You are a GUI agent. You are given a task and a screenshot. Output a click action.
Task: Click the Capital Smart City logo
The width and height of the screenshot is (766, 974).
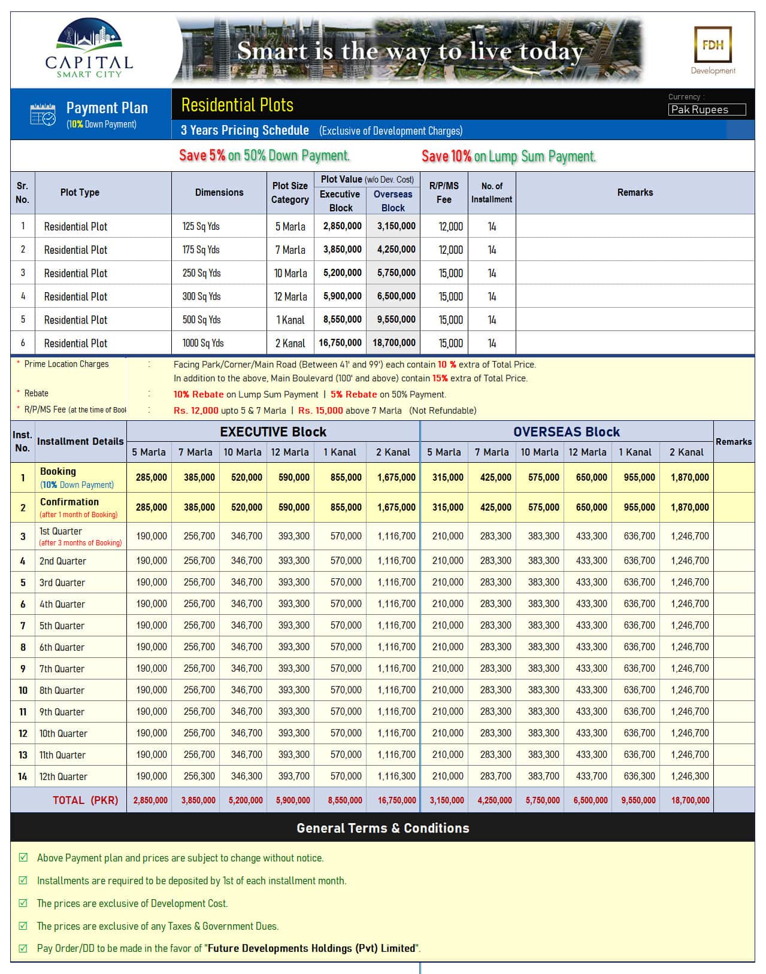click(x=89, y=50)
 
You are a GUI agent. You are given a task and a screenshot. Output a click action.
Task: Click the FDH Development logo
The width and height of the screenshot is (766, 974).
click(x=713, y=50)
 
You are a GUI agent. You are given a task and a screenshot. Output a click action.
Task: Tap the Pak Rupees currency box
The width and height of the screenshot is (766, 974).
click(x=707, y=110)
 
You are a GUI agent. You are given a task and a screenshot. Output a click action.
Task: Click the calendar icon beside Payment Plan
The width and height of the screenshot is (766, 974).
click(x=43, y=114)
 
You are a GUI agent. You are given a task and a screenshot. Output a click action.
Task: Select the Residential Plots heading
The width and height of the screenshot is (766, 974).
click(x=237, y=105)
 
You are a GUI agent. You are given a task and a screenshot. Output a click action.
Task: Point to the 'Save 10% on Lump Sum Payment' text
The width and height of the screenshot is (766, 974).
click(x=508, y=156)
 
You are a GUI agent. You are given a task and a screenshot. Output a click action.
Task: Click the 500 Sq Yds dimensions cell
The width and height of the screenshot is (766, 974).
click(x=202, y=320)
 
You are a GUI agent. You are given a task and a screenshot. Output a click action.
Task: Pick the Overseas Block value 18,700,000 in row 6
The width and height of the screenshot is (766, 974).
click(x=393, y=343)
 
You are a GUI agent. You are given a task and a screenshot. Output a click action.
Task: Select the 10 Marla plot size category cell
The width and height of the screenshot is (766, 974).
click(x=290, y=273)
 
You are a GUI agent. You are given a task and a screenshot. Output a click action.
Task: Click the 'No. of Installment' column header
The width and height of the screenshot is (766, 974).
click(x=491, y=193)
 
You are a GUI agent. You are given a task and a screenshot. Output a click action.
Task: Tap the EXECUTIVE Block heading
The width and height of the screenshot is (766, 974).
click(x=273, y=432)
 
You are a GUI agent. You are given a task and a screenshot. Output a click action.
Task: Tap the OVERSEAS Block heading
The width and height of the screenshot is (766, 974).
click(x=566, y=432)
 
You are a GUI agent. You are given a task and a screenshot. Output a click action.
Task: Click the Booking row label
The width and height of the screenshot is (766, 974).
click(x=58, y=472)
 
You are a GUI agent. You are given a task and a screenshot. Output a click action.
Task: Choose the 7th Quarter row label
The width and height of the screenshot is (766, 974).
click(x=62, y=669)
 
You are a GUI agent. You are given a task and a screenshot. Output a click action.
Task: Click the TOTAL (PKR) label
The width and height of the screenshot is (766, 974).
click(x=85, y=800)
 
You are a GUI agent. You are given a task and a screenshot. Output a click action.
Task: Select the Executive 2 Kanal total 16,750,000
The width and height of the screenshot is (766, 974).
click(x=396, y=800)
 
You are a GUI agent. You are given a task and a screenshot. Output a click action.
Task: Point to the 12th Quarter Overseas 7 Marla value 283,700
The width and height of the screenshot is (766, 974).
click(x=495, y=776)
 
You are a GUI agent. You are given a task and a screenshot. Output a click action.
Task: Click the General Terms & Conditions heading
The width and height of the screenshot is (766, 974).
click(x=383, y=828)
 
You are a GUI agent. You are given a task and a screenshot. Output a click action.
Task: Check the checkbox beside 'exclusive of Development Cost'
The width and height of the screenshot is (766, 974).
click(x=23, y=903)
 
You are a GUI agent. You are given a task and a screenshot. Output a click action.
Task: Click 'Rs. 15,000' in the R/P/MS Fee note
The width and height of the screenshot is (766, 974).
click(x=320, y=411)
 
